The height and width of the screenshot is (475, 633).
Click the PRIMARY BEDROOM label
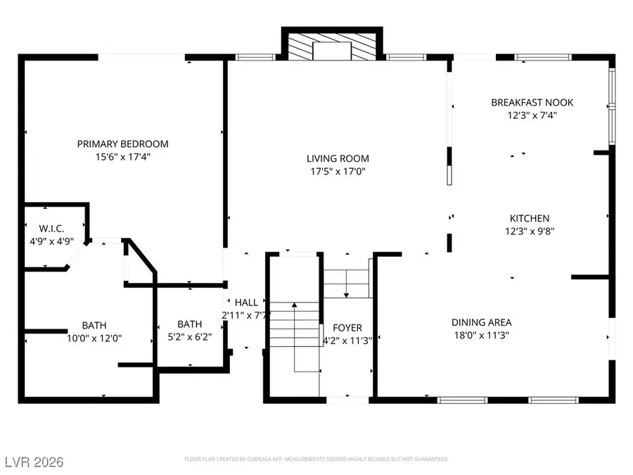123,144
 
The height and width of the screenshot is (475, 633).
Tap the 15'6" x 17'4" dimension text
123,158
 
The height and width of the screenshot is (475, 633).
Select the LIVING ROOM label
338,159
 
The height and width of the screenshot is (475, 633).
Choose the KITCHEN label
530,219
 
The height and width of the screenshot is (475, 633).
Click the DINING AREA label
481,323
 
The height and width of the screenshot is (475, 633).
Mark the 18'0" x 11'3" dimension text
481,336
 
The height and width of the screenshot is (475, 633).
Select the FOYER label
347,329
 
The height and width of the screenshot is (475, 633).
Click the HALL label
246,303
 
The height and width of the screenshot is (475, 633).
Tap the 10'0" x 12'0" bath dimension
94,338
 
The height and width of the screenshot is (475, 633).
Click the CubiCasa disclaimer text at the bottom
316,460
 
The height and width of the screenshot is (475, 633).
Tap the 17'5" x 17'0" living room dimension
338,172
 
